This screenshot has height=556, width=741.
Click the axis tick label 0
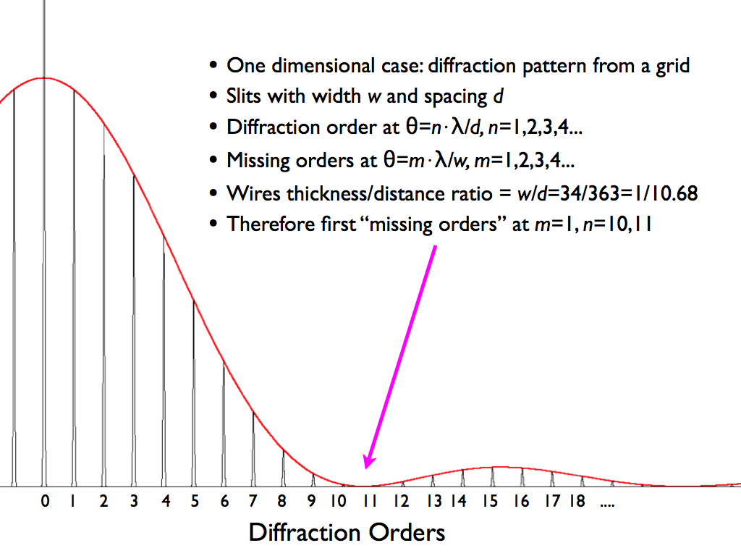coord(45,501)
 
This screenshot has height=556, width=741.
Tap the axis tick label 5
coord(195,501)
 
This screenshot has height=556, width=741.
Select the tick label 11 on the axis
coord(370,501)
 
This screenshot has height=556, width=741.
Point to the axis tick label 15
coord(490,501)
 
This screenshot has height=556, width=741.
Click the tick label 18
coord(577,501)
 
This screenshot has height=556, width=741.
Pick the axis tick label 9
coord(311,501)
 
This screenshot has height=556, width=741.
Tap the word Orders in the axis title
coord(407,532)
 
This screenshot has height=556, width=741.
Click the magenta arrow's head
coord(368,461)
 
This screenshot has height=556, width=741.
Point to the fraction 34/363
coord(589,193)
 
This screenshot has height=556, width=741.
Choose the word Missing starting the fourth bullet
coord(258,161)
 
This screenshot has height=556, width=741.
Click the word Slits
coord(244,96)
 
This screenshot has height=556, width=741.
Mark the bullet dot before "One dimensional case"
coord(213,64)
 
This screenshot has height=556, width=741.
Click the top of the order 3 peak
coord(134,175)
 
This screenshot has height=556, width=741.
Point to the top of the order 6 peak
coord(224,362)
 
